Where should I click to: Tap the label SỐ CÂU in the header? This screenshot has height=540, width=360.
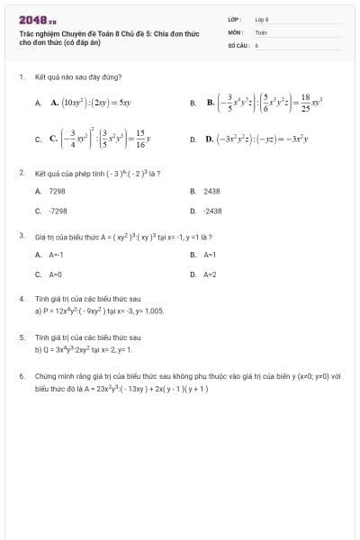(238, 43)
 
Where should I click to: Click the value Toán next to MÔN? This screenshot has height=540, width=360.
(261, 31)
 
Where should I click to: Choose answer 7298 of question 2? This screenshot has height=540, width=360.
(57, 191)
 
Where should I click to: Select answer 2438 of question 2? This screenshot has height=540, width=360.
(211, 191)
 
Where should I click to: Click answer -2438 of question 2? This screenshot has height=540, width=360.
(212, 210)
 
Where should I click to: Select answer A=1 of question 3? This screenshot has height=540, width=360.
(211, 255)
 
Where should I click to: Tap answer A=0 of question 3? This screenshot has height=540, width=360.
(56, 274)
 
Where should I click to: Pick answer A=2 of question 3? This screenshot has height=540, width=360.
(211, 274)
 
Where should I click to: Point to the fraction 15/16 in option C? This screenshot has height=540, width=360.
(140, 139)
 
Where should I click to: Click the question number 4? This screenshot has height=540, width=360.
(21, 297)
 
